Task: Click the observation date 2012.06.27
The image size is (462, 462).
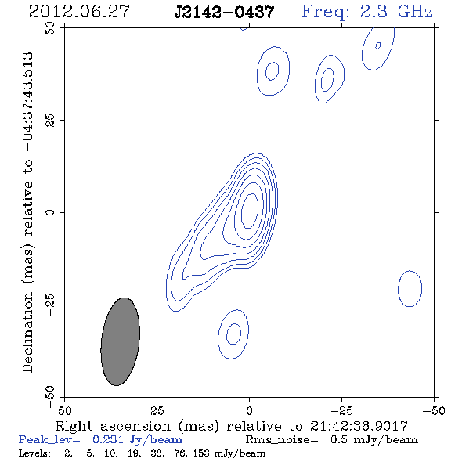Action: click(79, 12)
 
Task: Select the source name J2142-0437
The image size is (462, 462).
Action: click(224, 12)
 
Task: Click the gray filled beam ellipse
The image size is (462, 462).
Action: click(121, 341)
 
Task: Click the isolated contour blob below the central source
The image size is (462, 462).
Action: click(218, 334)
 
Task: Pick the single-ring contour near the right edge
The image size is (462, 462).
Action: click(399, 289)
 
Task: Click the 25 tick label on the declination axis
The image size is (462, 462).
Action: click(50, 120)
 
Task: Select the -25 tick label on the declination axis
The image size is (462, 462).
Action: click(50, 305)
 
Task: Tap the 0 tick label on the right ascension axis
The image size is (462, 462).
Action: click(249, 411)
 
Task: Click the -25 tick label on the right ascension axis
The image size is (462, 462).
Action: click(341, 411)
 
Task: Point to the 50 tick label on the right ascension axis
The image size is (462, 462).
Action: click(64, 411)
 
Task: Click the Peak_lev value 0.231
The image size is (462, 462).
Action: click(108, 440)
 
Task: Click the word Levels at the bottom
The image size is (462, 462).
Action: click(34, 453)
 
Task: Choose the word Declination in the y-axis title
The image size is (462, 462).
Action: click(27, 332)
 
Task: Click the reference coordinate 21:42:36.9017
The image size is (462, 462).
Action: click(359, 426)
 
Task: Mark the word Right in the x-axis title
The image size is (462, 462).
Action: click(74, 427)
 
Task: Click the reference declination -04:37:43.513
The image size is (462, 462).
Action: click(27, 102)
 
